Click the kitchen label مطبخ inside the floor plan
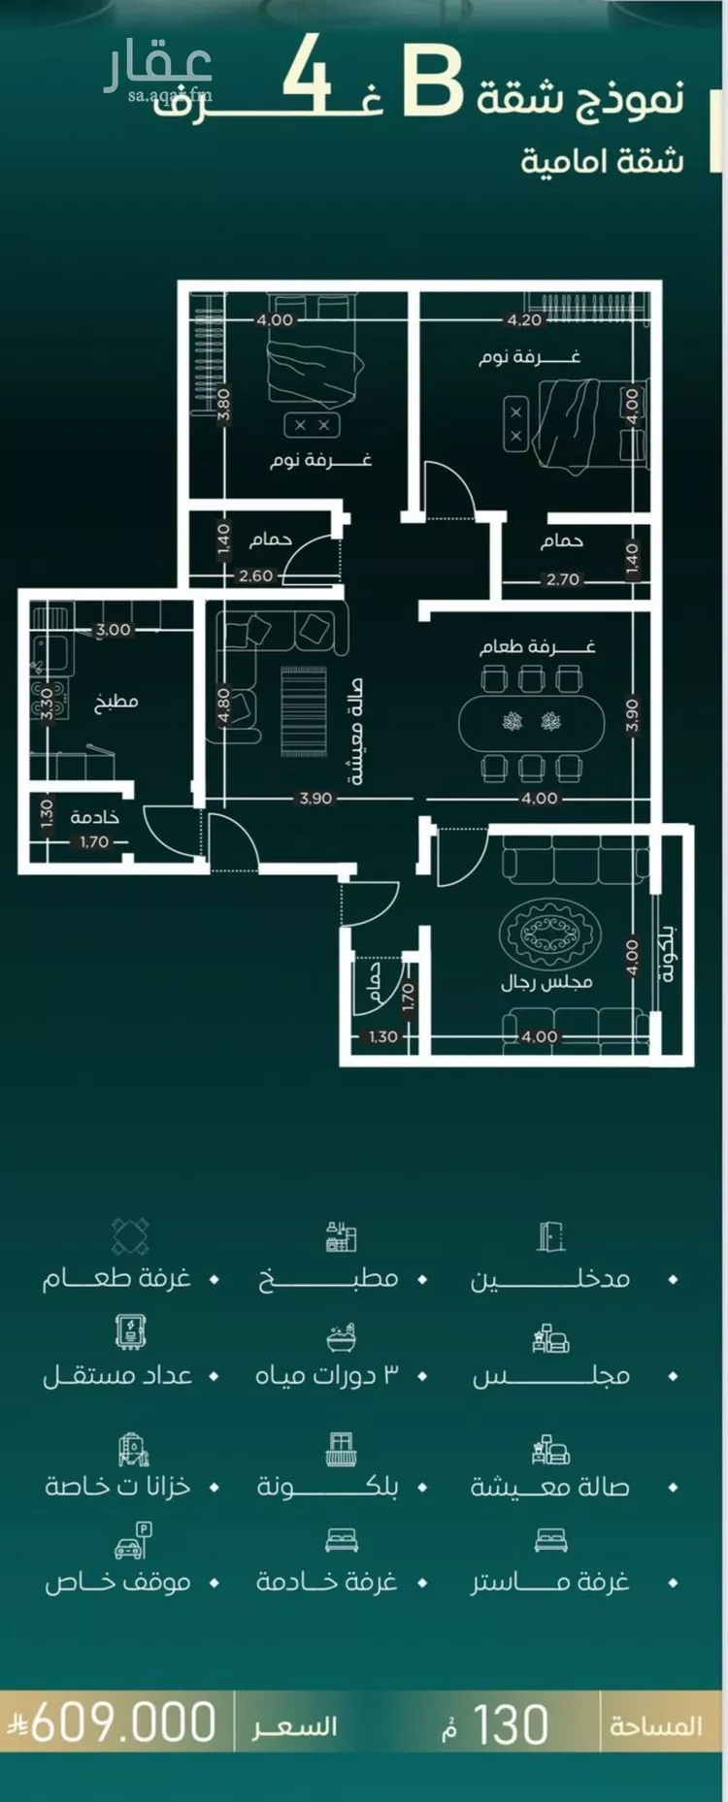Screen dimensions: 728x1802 (116, 702)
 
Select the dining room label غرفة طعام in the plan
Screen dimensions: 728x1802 (537, 646)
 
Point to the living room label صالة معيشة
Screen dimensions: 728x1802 (354, 730)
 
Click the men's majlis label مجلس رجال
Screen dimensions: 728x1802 (546, 982)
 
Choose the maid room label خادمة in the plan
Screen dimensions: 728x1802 (95, 818)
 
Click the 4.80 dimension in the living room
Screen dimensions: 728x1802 (223, 705)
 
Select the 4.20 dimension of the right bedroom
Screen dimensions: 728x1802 (525, 319)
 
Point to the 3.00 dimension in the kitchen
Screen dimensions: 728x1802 (114, 630)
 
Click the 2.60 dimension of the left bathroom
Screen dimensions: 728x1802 (256, 575)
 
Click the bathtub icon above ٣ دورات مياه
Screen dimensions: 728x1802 (341, 1336)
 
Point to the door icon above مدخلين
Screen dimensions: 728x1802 (550, 1236)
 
